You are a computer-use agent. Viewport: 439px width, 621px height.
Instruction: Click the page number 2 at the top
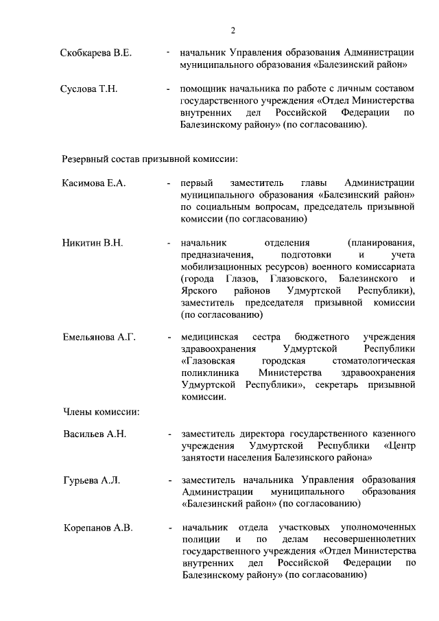pyautogui.click(x=233, y=30)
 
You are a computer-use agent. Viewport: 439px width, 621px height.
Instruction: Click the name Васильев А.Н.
pyautogui.click(x=95, y=434)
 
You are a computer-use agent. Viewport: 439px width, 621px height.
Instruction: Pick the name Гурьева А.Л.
pyautogui.click(x=91, y=480)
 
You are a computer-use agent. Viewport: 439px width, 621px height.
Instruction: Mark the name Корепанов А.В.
pyautogui.click(x=97, y=528)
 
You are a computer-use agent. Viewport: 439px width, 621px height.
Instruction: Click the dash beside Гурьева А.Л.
pyautogui.click(x=169, y=480)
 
